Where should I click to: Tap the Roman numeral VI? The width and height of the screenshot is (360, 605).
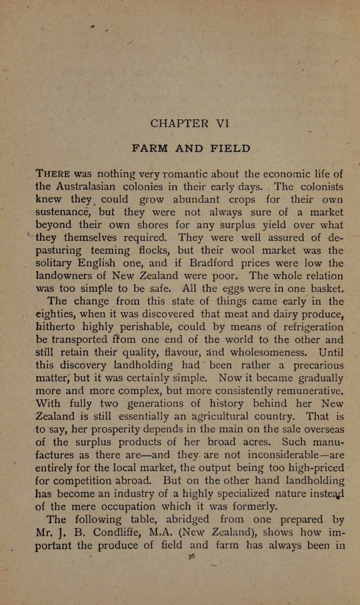(222, 123)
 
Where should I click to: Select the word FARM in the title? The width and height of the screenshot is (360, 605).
(151, 149)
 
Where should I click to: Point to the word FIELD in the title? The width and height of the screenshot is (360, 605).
(230, 149)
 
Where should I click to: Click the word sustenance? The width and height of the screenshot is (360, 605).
(62, 212)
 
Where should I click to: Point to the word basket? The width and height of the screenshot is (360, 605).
(319, 288)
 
